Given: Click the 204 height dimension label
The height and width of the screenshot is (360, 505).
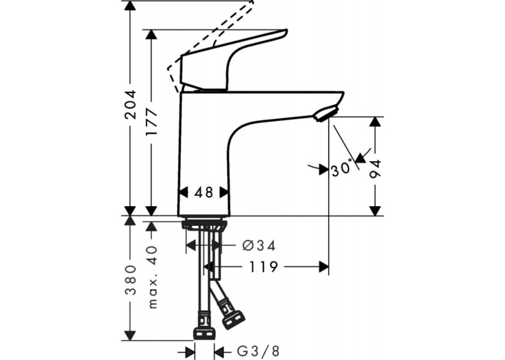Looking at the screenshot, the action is (131, 105).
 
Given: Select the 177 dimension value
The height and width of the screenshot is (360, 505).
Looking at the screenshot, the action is (151, 122).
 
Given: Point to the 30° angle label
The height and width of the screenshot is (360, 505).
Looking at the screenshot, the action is (341, 168).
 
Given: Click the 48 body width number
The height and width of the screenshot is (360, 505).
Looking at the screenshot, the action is (204, 192).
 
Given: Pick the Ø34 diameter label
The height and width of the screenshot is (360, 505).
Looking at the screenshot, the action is (259, 246).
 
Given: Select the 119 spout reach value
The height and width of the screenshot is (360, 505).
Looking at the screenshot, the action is (263, 267).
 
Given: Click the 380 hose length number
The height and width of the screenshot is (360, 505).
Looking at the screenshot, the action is (131, 280).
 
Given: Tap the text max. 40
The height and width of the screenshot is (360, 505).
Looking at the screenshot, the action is (152, 277).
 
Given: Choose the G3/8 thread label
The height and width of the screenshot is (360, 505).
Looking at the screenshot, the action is (258, 351).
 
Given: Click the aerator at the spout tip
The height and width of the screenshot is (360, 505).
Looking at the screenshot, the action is (326, 114).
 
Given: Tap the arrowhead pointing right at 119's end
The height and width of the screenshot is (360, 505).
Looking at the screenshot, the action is (323, 267).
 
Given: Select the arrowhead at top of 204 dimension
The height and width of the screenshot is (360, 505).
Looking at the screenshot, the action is (130, 5).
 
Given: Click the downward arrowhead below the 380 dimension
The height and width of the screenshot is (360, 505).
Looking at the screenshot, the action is (130, 335).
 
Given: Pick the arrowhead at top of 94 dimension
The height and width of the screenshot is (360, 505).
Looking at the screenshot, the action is (374, 122).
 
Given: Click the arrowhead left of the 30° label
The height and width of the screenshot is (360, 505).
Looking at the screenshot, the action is (323, 170).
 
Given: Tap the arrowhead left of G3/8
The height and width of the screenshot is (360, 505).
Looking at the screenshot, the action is (190, 351).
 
